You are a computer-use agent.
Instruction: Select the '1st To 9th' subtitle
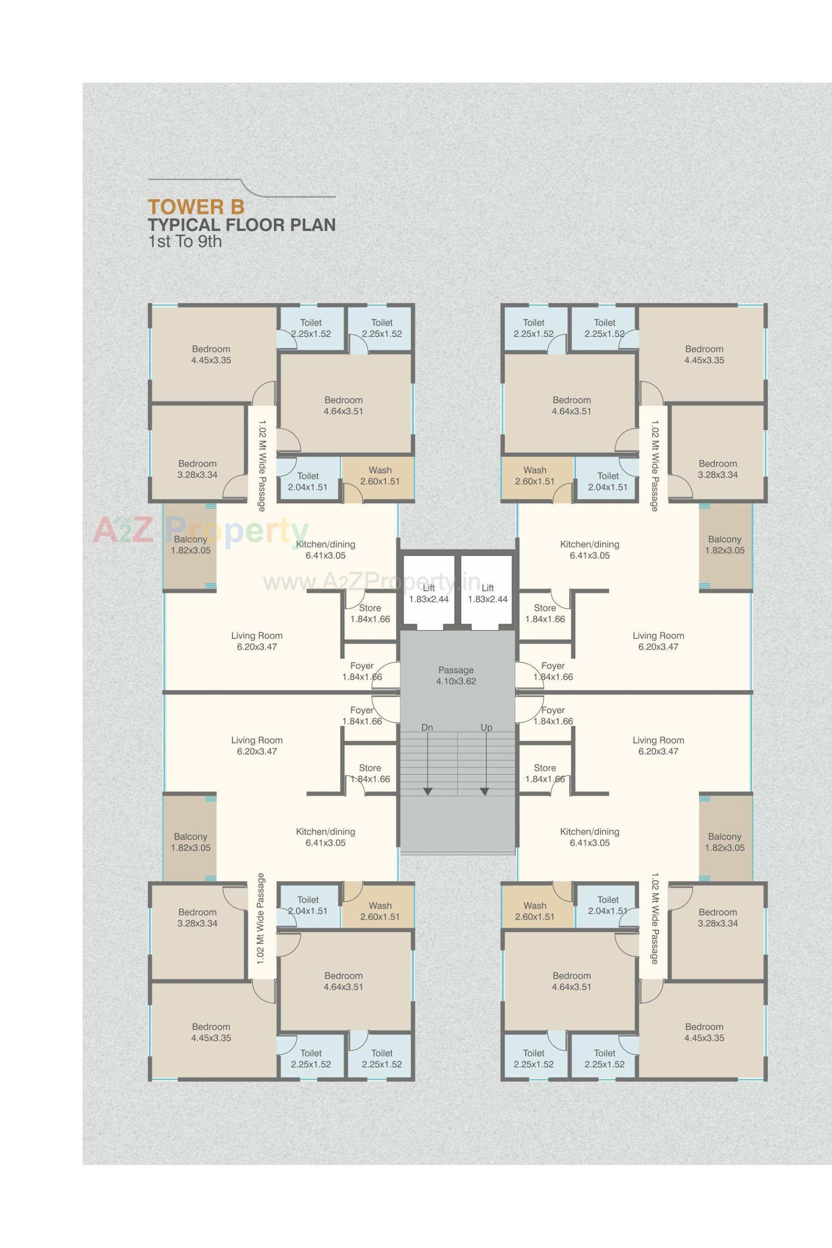pyautogui.click(x=185, y=242)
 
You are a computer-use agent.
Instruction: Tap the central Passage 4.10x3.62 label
pyautogui.click(x=456, y=675)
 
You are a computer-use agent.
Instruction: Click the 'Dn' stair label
pyautogui.click(x=427, y=728)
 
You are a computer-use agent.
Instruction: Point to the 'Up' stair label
pyautogui.click(x=486, y=728)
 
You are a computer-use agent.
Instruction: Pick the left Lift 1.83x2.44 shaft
pyautogui.click(x=429, y=593)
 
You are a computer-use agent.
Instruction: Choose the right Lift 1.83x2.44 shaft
pyautogui.click(x=487, y=593)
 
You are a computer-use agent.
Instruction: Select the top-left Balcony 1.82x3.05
pyautogui.click(x=190, y=545)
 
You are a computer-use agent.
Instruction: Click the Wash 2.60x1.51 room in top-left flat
pyautogui.click(x=380, y=476)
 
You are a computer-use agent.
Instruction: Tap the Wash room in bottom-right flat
pyautogui.click(x=534, y=911)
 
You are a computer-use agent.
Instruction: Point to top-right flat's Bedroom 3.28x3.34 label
pyautogui.click(x=718, y=469)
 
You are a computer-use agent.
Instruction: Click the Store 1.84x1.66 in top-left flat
pyautogui.click(x=370, y=613)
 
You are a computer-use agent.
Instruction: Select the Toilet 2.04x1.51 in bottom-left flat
pyautogui.click(x=308, y=905)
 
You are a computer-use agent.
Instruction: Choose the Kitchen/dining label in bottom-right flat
pyautogui.click(x=589, y=837)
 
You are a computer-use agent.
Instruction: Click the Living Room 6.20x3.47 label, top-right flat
pyautogui.click(x=658, y=641)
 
